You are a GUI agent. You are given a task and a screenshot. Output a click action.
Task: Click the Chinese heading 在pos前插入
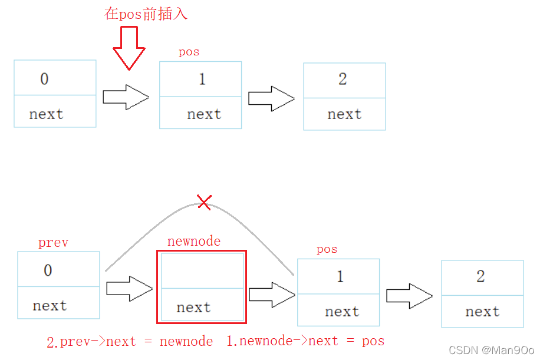tap(146, 14)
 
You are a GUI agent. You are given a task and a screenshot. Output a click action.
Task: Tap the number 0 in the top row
tap(44, 79)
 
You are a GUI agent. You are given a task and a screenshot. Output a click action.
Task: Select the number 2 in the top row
tap(343, 80)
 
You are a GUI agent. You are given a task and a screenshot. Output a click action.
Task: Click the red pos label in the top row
tap(189, 52)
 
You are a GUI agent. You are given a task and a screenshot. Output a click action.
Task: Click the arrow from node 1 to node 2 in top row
tap(271, 98)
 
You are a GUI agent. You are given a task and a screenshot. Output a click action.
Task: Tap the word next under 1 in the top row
tap(204, 114)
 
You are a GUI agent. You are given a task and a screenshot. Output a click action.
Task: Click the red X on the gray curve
tap(204, 203)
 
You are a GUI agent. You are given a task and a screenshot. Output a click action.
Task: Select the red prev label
tap(53, 243)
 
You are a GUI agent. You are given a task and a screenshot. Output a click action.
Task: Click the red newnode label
tap(194, 242)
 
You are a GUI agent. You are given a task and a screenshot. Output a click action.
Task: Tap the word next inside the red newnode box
tap(193, 308)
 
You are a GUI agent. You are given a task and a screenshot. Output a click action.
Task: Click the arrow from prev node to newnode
tap(130, 289)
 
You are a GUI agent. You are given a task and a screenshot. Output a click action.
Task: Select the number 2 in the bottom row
tap(481, 277)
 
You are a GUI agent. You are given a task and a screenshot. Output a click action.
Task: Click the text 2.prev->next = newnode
tap(129, 341)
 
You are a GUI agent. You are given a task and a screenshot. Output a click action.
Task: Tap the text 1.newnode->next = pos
tap(305, 341)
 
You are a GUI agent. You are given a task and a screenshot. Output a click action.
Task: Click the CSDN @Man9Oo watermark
tap(491, 350)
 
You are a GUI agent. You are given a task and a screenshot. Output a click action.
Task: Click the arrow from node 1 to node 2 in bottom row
tap(409, 296)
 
